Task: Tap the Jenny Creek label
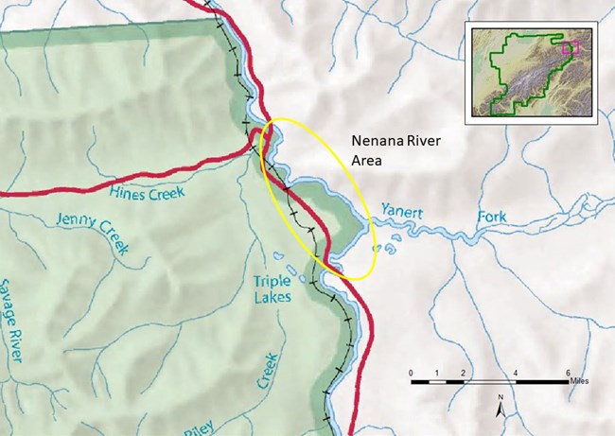point(90,234)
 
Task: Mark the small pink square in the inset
point(570,44)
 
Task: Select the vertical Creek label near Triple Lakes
point(267,370)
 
